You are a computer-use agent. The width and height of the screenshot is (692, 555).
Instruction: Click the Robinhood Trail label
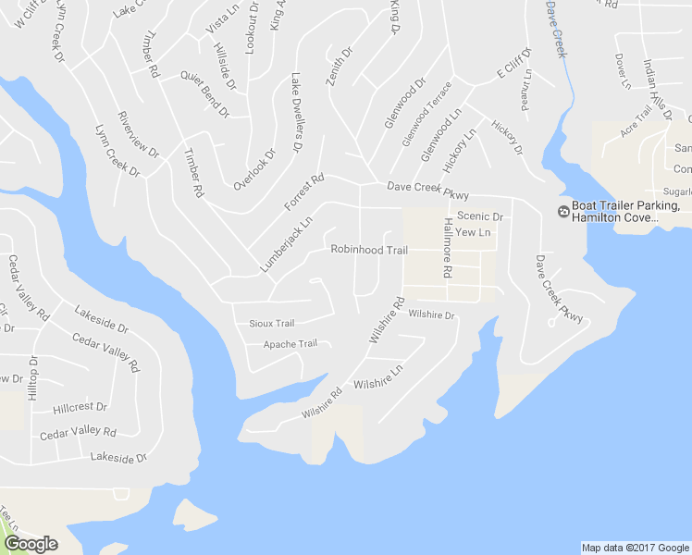pos(369,251)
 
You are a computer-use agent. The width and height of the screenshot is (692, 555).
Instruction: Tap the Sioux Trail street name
pos(272,324)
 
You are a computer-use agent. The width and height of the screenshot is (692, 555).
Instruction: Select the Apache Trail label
pos(290,344)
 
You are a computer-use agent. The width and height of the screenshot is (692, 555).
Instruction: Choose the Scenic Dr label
pos(479,216)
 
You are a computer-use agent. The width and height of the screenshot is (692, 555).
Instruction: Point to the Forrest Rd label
pos(303,191)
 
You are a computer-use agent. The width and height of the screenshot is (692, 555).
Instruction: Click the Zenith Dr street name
pos(340,68)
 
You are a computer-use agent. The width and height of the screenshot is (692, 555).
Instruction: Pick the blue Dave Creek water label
pos(554,29)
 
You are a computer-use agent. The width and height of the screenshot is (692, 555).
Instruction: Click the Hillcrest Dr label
pos(80,407)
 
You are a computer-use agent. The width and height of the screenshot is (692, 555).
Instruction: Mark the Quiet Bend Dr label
pos(204,95)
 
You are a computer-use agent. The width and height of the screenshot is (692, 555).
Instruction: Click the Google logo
pos(31,544)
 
